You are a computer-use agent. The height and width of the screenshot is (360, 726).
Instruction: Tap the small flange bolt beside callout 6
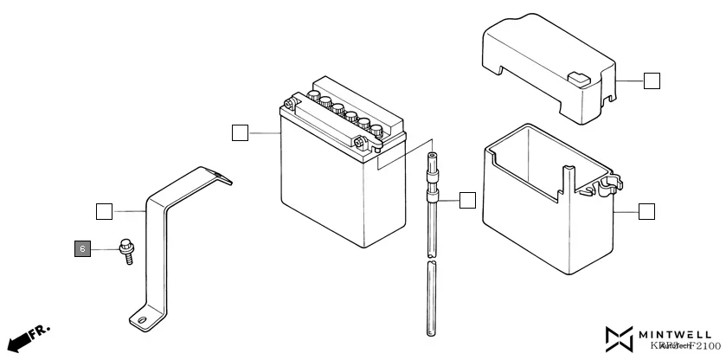(125, 252)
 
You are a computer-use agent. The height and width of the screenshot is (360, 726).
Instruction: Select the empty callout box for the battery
(241, 132)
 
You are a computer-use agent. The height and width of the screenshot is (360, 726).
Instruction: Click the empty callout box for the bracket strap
(103, 210)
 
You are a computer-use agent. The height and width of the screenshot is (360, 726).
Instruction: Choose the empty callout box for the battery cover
(652, 81)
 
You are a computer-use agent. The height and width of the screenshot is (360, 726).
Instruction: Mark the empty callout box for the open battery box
(646, 211)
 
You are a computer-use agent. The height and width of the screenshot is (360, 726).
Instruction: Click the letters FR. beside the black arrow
(39, 332)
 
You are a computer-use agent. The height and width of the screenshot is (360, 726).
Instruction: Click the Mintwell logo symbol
(620, 339)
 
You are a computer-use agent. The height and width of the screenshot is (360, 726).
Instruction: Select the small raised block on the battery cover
(579, 77)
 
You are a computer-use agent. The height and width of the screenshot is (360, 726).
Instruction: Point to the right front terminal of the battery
(358, 142)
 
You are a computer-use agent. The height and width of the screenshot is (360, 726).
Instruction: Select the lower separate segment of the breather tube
(430, 299)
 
